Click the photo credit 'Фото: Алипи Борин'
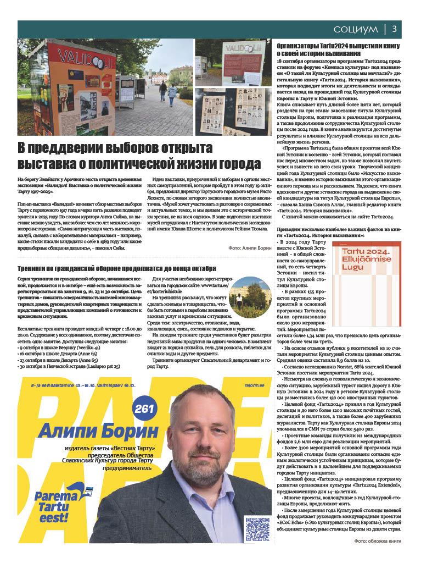[250, 249]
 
